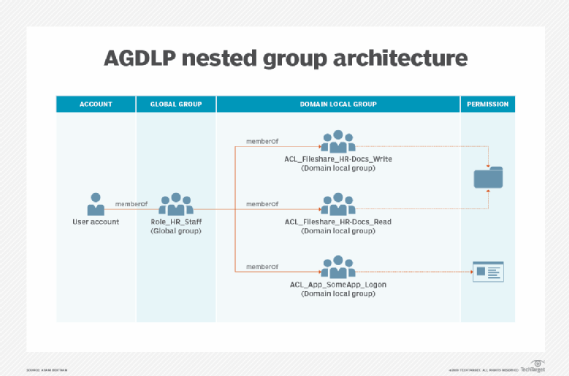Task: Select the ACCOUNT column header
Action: click(96, 104)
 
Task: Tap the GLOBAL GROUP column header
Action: click(175, 104)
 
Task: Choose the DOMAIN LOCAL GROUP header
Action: click(338, 104)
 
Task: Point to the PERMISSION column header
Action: click(487, 104)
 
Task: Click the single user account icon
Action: click(96, 204)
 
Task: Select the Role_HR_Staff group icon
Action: click(176, 204)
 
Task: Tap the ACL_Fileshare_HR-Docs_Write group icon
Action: click(338, 141)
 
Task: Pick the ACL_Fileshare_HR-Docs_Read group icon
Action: click(338, 204)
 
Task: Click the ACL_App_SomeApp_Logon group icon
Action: click(338, 267)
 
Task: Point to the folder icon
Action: click(488, 177)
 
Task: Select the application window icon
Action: click(488, 271)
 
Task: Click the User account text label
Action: click(96, 221)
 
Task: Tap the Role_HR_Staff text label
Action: click(176, 221)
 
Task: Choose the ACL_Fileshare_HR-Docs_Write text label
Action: click(338, 158)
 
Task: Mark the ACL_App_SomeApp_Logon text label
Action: click(338, 284)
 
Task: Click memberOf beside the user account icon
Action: click(131, 203)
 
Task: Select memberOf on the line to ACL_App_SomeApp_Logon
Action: click(262, 266)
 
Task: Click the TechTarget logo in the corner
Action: click(536, 367)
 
